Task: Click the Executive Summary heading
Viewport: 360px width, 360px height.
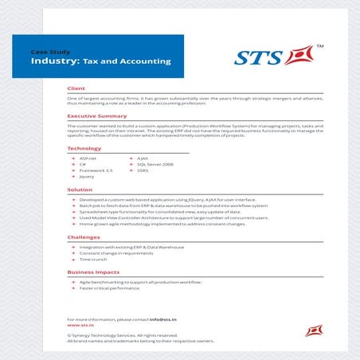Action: click(x=98, y=116)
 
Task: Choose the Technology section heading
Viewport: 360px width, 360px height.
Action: click(x=84, y=149)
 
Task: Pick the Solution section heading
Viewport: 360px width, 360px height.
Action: click(x=80, y=190)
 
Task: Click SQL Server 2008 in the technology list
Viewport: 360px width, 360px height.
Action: click(x=155, y=164)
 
